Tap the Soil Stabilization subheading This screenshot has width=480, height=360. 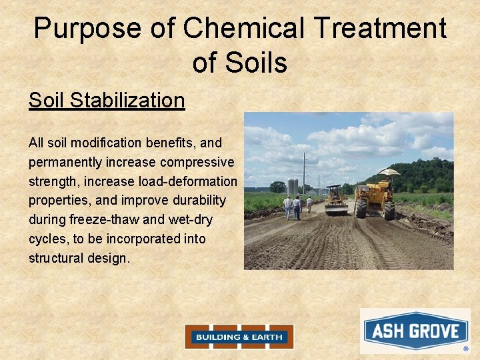107,100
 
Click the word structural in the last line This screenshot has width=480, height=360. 55,258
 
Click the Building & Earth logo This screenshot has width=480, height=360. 239,337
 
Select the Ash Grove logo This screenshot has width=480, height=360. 415,331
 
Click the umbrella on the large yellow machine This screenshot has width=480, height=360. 389,172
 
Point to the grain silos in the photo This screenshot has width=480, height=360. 292,186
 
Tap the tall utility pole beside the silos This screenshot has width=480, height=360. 304,173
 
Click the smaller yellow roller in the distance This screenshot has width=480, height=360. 335,200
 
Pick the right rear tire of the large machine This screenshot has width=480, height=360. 389,211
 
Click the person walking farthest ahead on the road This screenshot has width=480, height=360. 309,203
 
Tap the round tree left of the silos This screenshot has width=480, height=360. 277,187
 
